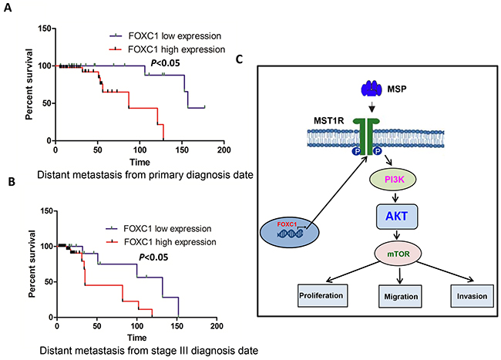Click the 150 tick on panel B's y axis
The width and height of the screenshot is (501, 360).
click(x=45, y=210)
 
